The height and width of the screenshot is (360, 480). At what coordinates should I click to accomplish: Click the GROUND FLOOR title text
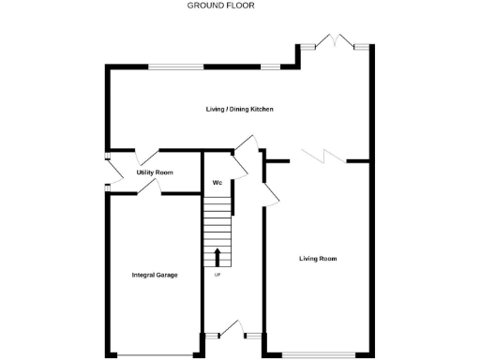coord(220,6)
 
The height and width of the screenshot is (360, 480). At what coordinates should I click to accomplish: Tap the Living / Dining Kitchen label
coord(240,110)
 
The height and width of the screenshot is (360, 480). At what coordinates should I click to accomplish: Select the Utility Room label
coord(155,172)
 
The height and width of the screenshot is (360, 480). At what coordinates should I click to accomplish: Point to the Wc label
coord(216,182)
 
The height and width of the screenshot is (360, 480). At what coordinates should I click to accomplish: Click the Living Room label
coord(318,259)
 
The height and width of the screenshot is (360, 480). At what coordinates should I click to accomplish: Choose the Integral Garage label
coord(155,275)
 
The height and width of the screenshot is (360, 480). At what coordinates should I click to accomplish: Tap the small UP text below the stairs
coord(217,275)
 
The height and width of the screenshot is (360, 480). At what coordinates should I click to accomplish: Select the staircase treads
coord(217,225)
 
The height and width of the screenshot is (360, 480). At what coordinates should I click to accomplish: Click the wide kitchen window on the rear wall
coord(176,66)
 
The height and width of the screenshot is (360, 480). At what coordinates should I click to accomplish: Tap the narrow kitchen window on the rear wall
coord(271,66)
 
